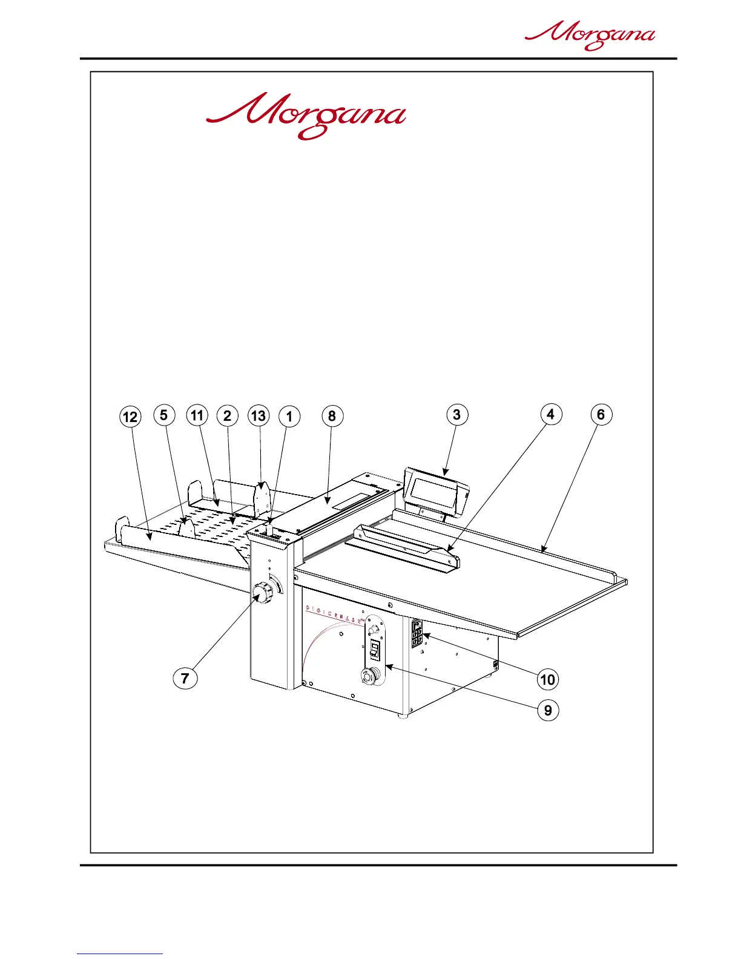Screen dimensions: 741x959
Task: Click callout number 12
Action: (130, 417)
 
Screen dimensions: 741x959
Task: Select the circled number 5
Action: (164, 415)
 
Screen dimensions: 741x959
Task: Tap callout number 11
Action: (197, 415)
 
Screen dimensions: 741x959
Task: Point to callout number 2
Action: (228, 415)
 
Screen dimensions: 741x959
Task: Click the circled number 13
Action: (259, 415)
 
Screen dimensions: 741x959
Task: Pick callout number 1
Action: (289, 417)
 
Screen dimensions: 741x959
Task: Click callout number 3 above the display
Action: (457, 414)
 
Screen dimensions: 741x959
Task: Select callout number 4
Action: (550, 414)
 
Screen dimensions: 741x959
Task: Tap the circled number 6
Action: (601, 414)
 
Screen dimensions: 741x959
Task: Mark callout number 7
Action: (185, 677)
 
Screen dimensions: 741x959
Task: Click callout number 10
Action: (548, 679)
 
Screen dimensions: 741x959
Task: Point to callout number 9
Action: (548, 710)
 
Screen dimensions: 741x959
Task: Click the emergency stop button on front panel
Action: (369, 674)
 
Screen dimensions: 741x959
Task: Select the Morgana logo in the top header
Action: (590, 36)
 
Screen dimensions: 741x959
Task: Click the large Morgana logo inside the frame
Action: (306, 116)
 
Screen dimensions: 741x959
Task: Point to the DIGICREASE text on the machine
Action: (333, 614)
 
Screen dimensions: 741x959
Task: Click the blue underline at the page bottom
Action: (120, 954)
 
